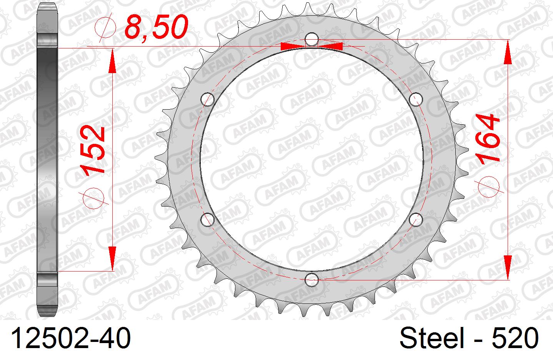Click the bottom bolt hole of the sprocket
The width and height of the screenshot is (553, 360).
coord(311,280)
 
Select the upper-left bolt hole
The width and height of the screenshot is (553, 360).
coord(207,100)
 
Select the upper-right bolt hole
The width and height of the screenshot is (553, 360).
coord(416,100)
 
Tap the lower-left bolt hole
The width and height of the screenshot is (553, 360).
coord(207,220)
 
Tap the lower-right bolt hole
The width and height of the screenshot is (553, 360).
coord(416,220)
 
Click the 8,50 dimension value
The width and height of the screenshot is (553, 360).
coord(157,27)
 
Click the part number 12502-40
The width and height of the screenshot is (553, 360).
coord(71,338)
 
